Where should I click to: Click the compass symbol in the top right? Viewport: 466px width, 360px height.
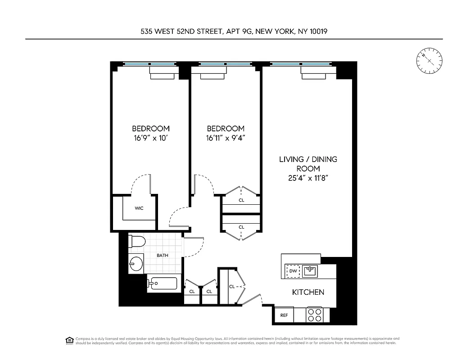pyautogui.click(x=430, y=61)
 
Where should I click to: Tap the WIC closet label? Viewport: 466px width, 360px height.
pyautogui.click(x=139, y=208)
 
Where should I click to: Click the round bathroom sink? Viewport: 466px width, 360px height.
pyautogui.click(x=136, y=264)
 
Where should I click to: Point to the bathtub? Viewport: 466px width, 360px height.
pyautogui.click(x=164, y=283)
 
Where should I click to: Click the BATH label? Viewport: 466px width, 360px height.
pyautogui.click(x=163, y=256)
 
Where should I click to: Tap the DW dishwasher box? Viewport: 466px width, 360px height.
pyautogui.click(x=293, y=271)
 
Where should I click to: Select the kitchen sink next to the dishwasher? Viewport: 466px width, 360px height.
pyautogui.click(x=310, y=270)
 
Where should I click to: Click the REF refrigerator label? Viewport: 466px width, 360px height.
pyautogui.click(x=284, y=315)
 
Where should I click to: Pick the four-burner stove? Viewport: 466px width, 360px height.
pyautogui.click(x=314, y=314)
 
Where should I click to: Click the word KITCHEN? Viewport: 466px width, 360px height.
pyautogui.click(x=308, y=292)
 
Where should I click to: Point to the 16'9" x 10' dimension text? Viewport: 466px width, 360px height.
pyautogui.click(x=150, y=139)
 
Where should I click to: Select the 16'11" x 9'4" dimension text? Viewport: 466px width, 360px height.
pyautogui.click(x=225, y=139)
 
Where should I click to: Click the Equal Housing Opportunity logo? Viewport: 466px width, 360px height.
pyautogui.click(x=69, y=340)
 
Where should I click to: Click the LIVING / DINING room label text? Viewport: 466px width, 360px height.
pyautogui.click(x=308, y=159)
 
